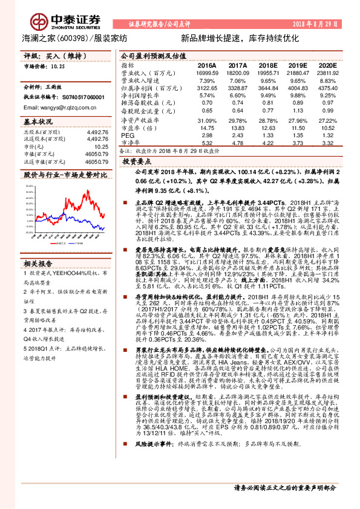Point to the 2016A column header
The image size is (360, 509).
pyautogui.click(x=206, y=65)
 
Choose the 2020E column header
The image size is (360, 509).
pyautogui.click(x=327, y=65)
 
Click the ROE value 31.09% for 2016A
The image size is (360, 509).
pyautogui.click(x=207, y=120)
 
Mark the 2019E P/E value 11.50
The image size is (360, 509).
pyautogui.click(x=297, y=128)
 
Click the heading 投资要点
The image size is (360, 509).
pyautogui.click(x=137, y=162)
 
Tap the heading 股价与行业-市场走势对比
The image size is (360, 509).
pyautogui.click(x=64, y=174)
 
